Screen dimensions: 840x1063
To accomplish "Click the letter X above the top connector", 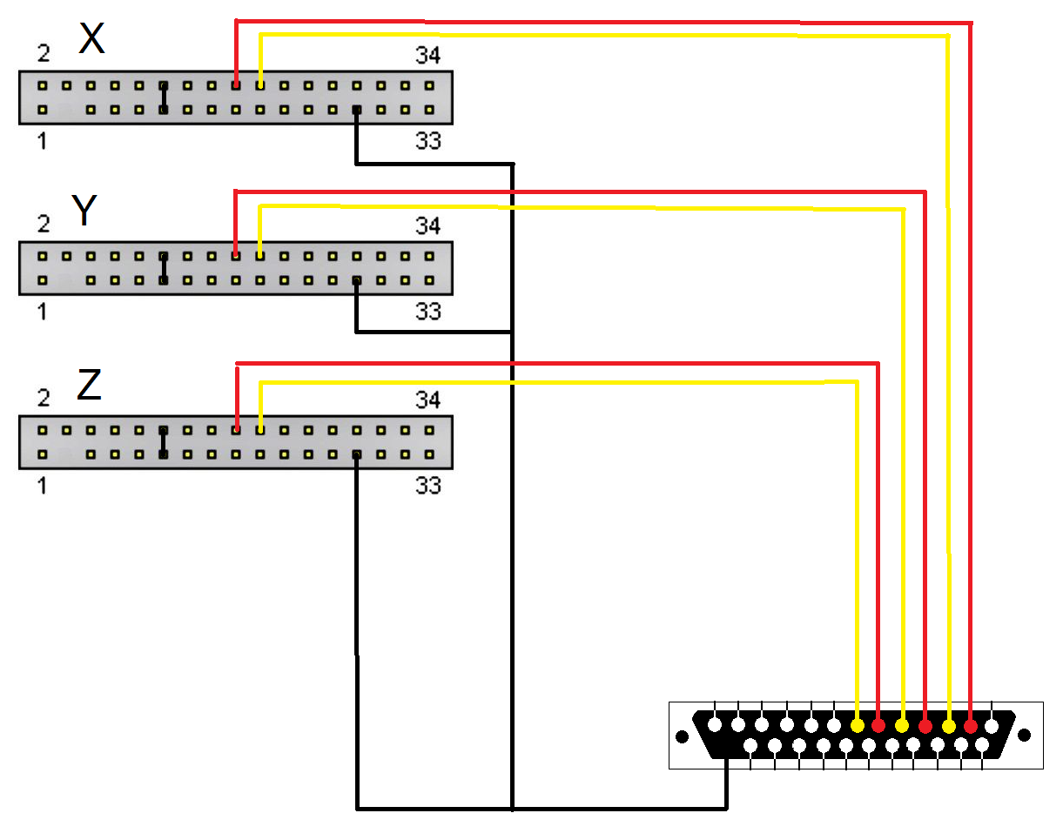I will pyautogui.click(x=91, y=39).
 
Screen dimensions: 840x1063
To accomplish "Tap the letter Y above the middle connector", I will pyautogui.click(x=84, y=211).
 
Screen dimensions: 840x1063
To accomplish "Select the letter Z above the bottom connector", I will pyautogui.click(x=89, y=386).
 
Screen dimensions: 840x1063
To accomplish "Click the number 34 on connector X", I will pyautogui.click(x=427, y=57).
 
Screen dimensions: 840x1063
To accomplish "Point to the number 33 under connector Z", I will pyautogui.click(x=427, y=485).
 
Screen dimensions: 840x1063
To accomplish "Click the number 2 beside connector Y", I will pyautogui.click(x=44, y=225).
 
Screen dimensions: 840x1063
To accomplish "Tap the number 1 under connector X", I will pyautogui.click(x=43, y=140).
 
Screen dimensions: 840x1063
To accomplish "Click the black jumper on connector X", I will pyautogui.click(x=163, y=97).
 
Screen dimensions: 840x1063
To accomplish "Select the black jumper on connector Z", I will pyautogui.click(x=163, y=442).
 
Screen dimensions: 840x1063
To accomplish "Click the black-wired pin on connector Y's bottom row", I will pyautogui.click(x=356, y=280).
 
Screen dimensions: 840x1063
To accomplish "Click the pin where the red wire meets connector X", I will pyautogui.click(x=236, y=86).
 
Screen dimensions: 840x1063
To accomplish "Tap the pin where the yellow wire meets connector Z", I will pyautogui.click(x=259, y=429).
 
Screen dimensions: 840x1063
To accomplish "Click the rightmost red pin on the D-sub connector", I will pyautogui.click(x=970, y=725).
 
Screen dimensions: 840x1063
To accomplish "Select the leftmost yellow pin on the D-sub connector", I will pyautogui.click(x=858, y=725).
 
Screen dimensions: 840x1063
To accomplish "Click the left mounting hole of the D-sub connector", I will pyautogui.click(x=682, y=736).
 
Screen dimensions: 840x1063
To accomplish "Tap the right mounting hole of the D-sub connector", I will pyautogui.click(x=1025, y=736).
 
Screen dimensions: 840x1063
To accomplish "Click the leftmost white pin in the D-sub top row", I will pyautogui.click(x=715, y=724).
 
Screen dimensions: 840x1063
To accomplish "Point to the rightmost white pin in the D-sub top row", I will pyautogui.click(x=992, y=725).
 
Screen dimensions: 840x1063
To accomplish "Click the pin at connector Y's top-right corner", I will pyautogui.click(x=428, y=256).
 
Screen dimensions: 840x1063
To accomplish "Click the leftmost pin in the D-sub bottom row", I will pyautogui.click(x=750, y=745).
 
